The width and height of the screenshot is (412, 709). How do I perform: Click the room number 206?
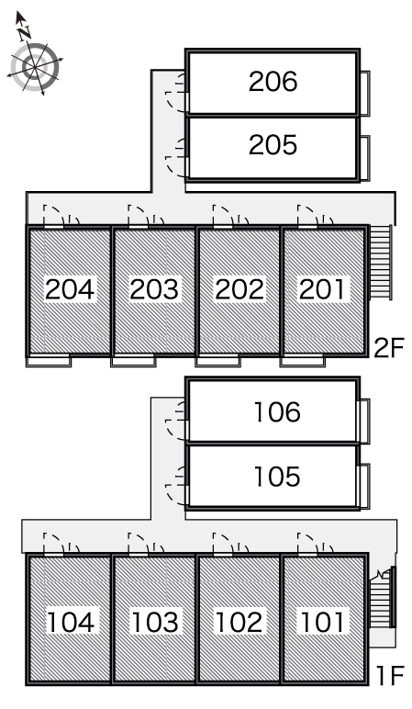pyautogui.click(x=273, y=82)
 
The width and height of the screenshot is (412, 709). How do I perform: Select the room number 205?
pyautogui.click(x=273, y=145)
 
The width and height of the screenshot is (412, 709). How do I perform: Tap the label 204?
pyautogui.click(x=70, y=289)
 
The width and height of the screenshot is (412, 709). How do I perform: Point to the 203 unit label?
pyautogui.click(x=154, y=289)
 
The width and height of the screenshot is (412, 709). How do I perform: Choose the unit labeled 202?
pyautogui.click(x=239, y=289)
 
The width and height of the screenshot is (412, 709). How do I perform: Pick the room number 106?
pyautogui.click(x=277, y=412)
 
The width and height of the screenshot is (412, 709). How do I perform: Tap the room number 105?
pyautogui.click(x=277, y=477)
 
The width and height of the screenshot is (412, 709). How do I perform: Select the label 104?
pyautogui.click(x=71, y=622)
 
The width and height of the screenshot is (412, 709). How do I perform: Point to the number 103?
pyautogui.click(x=154, y=622)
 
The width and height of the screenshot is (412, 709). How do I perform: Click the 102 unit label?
pyautogui.click(x=239, y=622)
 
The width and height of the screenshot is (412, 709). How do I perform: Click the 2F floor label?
pyautogui.click(x=388, y=348)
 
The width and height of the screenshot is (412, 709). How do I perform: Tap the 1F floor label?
pyautogui.click(x=390, y=676)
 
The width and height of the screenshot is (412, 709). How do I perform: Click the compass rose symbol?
pyautogui.click(x=35, y=67)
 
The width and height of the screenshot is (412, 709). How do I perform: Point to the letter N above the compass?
pyautogui.click(x=25, y=32)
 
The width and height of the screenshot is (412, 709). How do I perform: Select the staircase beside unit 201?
pyautogui.click(x=381, y=262)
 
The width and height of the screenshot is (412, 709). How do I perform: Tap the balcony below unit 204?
pyautogui.click(x=49, y=361)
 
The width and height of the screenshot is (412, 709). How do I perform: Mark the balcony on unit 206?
pyautogui.click(x=365, y=93)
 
